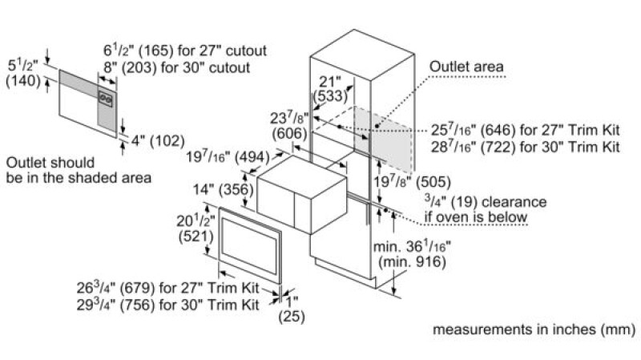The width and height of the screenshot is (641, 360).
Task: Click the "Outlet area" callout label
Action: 466,67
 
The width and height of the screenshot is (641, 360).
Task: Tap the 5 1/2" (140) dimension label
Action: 23,73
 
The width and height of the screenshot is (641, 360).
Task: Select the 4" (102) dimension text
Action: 158,141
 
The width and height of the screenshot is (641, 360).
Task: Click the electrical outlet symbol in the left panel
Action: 106,99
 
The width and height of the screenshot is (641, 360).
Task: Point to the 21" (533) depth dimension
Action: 330,88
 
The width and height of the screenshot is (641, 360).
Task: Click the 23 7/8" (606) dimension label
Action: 289,126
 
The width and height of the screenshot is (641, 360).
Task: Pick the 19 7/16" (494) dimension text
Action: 228,157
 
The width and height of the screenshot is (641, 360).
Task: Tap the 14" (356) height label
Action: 224,189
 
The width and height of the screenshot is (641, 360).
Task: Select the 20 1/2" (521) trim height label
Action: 196,229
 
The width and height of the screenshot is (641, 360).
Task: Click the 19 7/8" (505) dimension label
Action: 412,182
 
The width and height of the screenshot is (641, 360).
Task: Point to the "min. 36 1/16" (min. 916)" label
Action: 412,253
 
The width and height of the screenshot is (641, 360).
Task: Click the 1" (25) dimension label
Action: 292,309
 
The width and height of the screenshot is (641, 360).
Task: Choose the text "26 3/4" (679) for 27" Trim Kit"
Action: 167,288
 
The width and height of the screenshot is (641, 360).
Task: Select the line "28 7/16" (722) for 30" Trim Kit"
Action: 526,147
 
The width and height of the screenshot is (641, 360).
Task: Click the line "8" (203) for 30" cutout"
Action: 176,67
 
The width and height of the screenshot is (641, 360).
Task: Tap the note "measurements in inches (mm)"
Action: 534,330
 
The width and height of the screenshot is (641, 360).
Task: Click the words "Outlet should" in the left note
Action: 50,163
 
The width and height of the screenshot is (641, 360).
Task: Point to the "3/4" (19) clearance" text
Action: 486,202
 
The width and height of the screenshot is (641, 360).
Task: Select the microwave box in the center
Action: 302,194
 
